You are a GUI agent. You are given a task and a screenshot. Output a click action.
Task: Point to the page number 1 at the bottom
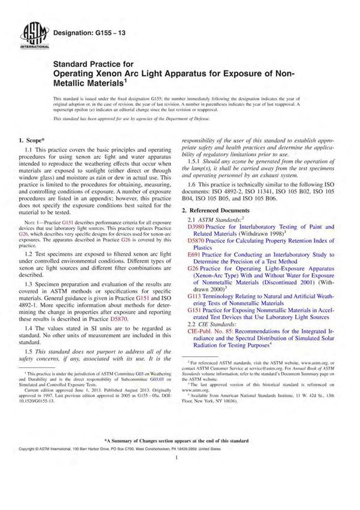(180, 490)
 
